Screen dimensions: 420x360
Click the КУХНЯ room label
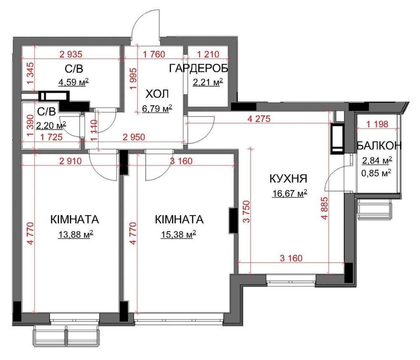click(x=288, y=178)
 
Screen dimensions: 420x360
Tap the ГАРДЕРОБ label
click(x=199, y=68)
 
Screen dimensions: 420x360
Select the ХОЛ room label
click(x=157, y=94)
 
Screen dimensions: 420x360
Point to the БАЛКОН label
click(x=379, y=146)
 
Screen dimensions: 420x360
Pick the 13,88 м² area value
click(x=76, y=234)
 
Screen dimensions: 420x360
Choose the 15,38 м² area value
click(x=178, y=234)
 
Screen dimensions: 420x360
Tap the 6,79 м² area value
click(x=157, y=109)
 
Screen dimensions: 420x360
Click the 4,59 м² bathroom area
click(x=73, y=82)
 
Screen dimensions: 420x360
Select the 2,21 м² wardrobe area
click(x=208, y=82)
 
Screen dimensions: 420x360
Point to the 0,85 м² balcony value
click(x=376, y=173)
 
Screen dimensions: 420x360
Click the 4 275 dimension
click(x=259, y=119)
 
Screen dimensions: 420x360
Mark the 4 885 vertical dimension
click(x=325, y=208)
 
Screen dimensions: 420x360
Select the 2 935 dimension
click(x=71, y=54)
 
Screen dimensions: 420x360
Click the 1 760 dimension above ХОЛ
click(x=154, y=54)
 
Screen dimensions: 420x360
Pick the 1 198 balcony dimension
click(x=377, y=124)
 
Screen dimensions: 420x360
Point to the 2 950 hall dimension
click(x=134, y=137)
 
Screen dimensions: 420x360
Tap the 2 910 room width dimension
click(x=71, y=161)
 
